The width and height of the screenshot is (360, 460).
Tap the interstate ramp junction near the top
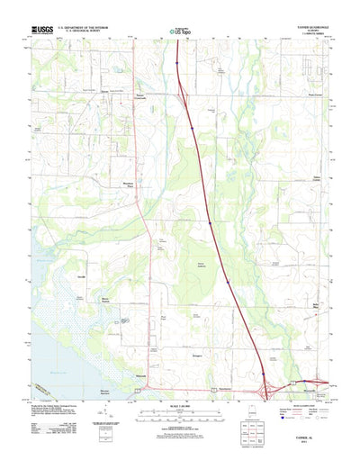[184, 91]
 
